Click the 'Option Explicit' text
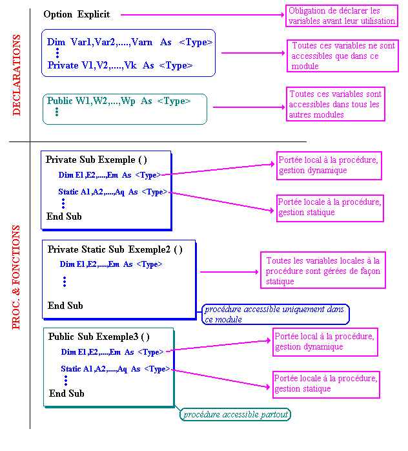[77, 14]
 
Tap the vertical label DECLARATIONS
[17, 76]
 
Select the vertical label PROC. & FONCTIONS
[17, 277]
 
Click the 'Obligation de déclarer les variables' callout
[342, 16]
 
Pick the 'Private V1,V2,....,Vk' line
[120, 65]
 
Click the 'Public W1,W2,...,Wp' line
[119, 101]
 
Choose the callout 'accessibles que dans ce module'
[343, 56]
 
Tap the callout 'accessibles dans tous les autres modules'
[336, 104]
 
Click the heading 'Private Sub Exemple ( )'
[96, 160]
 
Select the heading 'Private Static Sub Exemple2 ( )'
[115, 249]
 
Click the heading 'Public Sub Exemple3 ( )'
[99, 337]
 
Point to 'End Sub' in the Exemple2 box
[65, 306]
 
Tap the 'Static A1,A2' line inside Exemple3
[115, 369]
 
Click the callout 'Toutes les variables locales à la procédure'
[323, 271]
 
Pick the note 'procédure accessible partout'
[235, 414]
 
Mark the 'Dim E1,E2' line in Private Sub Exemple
[109, 174]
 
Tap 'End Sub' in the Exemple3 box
[66, 393]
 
